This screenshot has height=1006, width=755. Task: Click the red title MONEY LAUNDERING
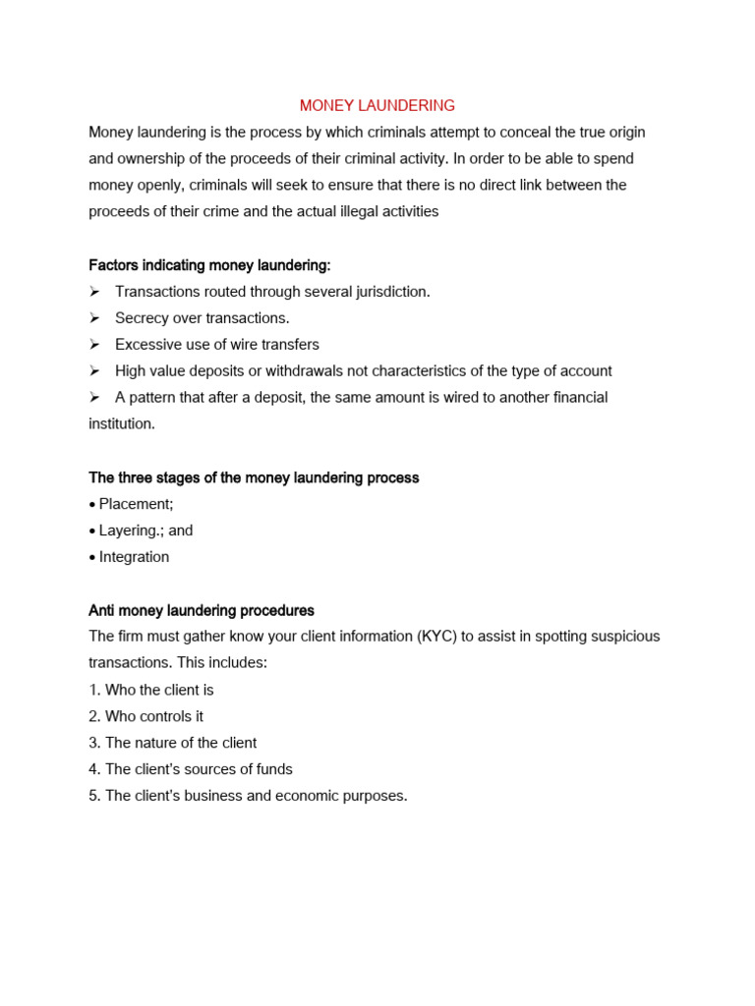377,105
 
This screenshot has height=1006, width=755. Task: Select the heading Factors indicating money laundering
209,265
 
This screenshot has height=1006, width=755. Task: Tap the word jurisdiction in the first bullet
389,292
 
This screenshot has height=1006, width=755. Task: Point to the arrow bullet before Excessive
94,345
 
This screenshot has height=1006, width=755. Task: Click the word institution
120,424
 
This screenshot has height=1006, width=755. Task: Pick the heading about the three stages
254,477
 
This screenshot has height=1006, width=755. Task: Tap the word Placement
135,504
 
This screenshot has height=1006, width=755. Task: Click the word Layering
129,531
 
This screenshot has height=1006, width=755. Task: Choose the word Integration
134,557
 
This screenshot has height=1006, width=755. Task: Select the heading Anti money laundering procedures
202,610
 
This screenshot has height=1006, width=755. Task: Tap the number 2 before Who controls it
93,716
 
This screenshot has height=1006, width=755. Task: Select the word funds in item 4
273,769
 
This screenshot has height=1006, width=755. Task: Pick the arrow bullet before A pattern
94,398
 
